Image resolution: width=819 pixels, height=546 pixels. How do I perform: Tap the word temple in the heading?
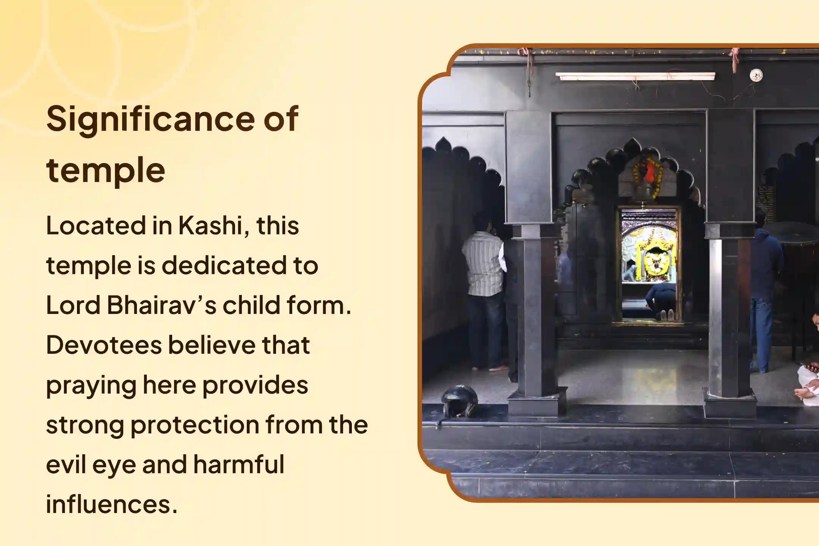(105, 170)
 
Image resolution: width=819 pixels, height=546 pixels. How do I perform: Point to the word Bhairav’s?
(161, 305)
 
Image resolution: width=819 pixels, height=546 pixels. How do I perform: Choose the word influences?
(111, 504)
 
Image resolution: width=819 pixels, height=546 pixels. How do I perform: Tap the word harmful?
(239, 464)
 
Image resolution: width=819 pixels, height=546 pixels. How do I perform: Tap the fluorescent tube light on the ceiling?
(635, 76)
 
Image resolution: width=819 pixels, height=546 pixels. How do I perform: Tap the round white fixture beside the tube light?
(756, 75)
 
